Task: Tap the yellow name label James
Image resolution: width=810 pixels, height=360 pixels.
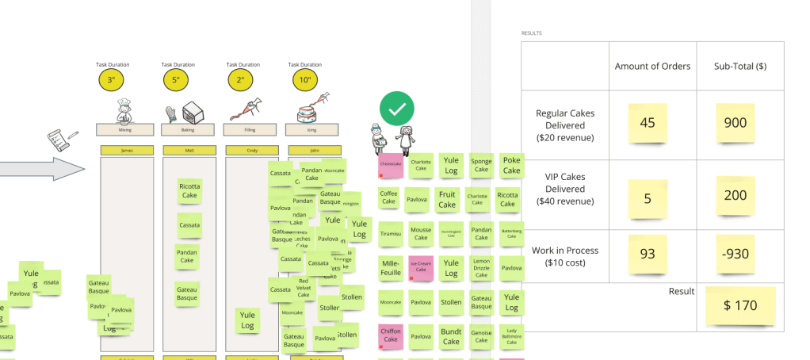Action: (126, 149)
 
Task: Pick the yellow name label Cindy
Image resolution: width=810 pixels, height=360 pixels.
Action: (250, 149)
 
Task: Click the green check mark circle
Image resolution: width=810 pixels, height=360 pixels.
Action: (395, 109)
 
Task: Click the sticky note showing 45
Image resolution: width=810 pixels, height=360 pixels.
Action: (648, 123)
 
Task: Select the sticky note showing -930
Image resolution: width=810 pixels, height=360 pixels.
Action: (738, 255)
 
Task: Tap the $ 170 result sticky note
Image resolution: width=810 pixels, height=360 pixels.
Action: (739, 305)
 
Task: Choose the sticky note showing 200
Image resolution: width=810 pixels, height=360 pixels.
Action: (738, 196)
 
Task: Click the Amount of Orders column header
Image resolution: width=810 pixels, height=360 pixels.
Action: (652, 66)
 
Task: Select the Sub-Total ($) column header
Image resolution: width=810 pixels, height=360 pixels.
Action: (739, 66)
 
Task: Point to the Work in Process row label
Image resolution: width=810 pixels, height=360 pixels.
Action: (566, 256)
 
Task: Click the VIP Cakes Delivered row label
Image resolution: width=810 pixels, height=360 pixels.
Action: (566, 190)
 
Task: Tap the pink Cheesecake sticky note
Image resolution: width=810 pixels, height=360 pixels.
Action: (391, 166)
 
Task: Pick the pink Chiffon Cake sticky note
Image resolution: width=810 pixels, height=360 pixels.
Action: (391, 335)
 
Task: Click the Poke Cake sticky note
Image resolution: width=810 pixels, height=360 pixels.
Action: (511, 165)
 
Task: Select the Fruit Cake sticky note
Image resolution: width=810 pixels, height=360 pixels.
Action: (448, 199)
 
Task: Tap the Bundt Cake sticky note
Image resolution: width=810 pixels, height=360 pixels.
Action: (451, 336)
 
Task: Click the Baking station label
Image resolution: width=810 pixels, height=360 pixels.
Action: (188, 129)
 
